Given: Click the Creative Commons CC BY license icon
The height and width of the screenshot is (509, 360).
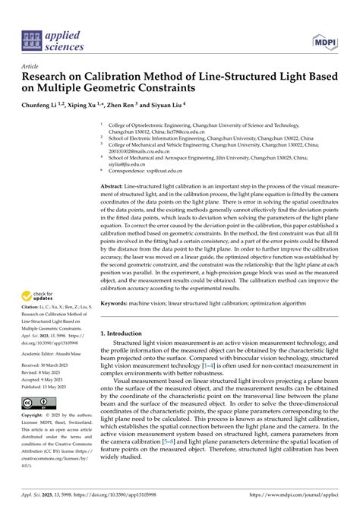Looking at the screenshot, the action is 37,402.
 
